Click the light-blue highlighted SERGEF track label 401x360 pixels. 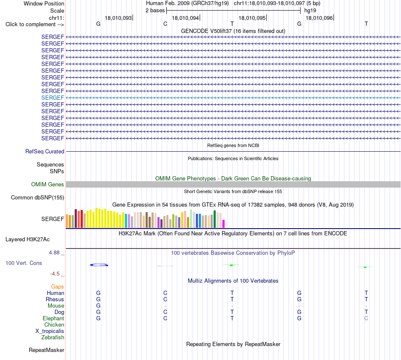coord(52,98)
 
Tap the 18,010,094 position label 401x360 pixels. coord(185,18)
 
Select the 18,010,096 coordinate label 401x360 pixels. coord(319,18)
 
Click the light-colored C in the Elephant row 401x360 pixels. coord(366,318)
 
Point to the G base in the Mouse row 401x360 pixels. coord(98,306)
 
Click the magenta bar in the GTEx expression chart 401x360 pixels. coord(224,224)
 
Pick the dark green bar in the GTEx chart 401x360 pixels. coord(214,219)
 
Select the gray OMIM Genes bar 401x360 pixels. coord(233,184)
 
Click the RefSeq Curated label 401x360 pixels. coord(45,152)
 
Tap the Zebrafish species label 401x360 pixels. coord(53,338)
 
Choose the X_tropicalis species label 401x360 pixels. coord(50,331)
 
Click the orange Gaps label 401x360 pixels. coord(57,287)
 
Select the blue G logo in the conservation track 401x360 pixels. coord(99,265)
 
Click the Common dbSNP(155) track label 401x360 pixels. coord(38,198)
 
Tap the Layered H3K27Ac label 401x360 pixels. coord(27,240)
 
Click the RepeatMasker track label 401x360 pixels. coord(46,350)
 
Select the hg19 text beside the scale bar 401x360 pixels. coord(310,11)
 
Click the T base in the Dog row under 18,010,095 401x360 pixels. coord(232,312)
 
